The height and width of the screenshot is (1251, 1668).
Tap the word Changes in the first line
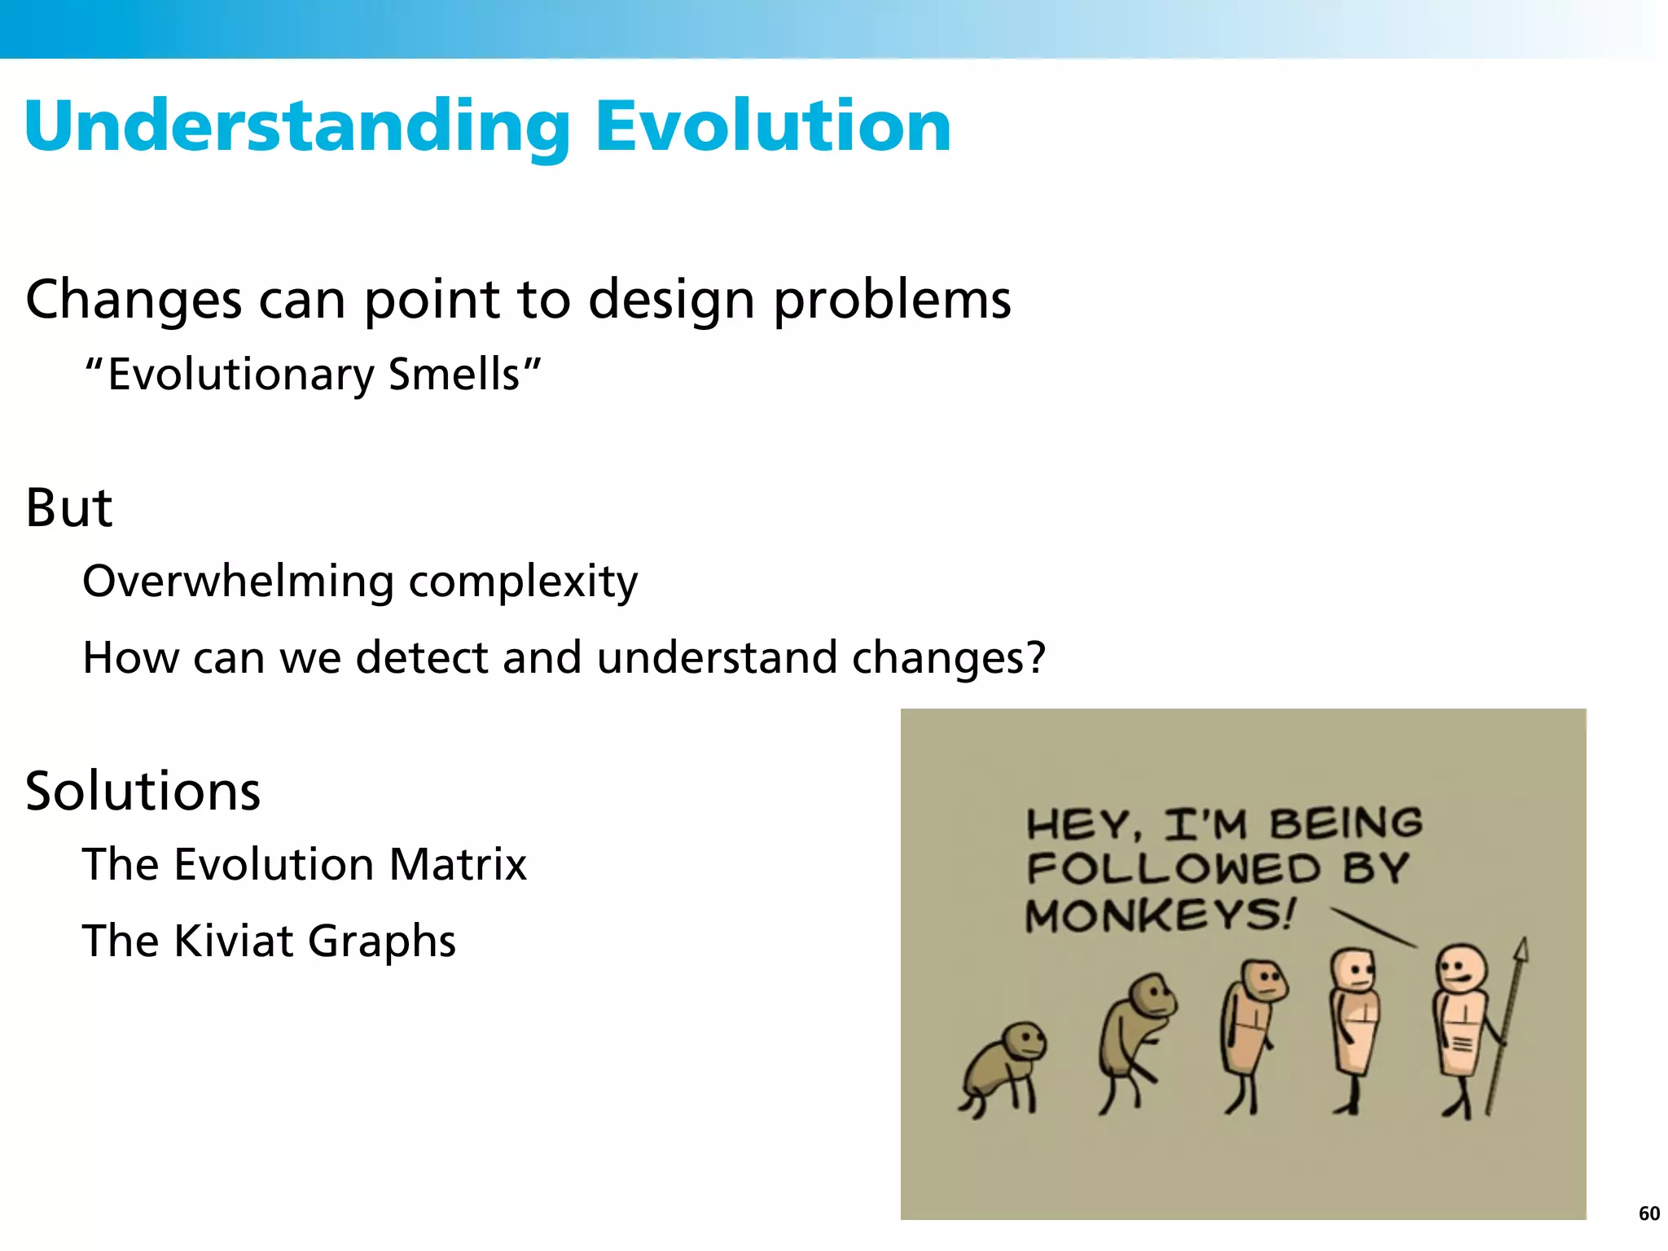pos(134,300)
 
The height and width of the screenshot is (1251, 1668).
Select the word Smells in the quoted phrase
pos(454,375)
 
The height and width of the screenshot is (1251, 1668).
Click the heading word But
pos(68,508)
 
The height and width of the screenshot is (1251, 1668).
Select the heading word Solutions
pos(143,791)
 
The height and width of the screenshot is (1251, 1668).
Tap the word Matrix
pos(458,864)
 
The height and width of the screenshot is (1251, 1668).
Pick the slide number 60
pos(1648,1214)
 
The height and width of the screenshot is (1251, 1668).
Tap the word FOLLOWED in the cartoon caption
pos(1173,868)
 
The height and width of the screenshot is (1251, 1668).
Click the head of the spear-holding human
pos(1461,968)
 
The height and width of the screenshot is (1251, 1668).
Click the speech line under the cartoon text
pos(1372,928)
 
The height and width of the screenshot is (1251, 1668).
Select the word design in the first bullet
pos(672,300)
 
